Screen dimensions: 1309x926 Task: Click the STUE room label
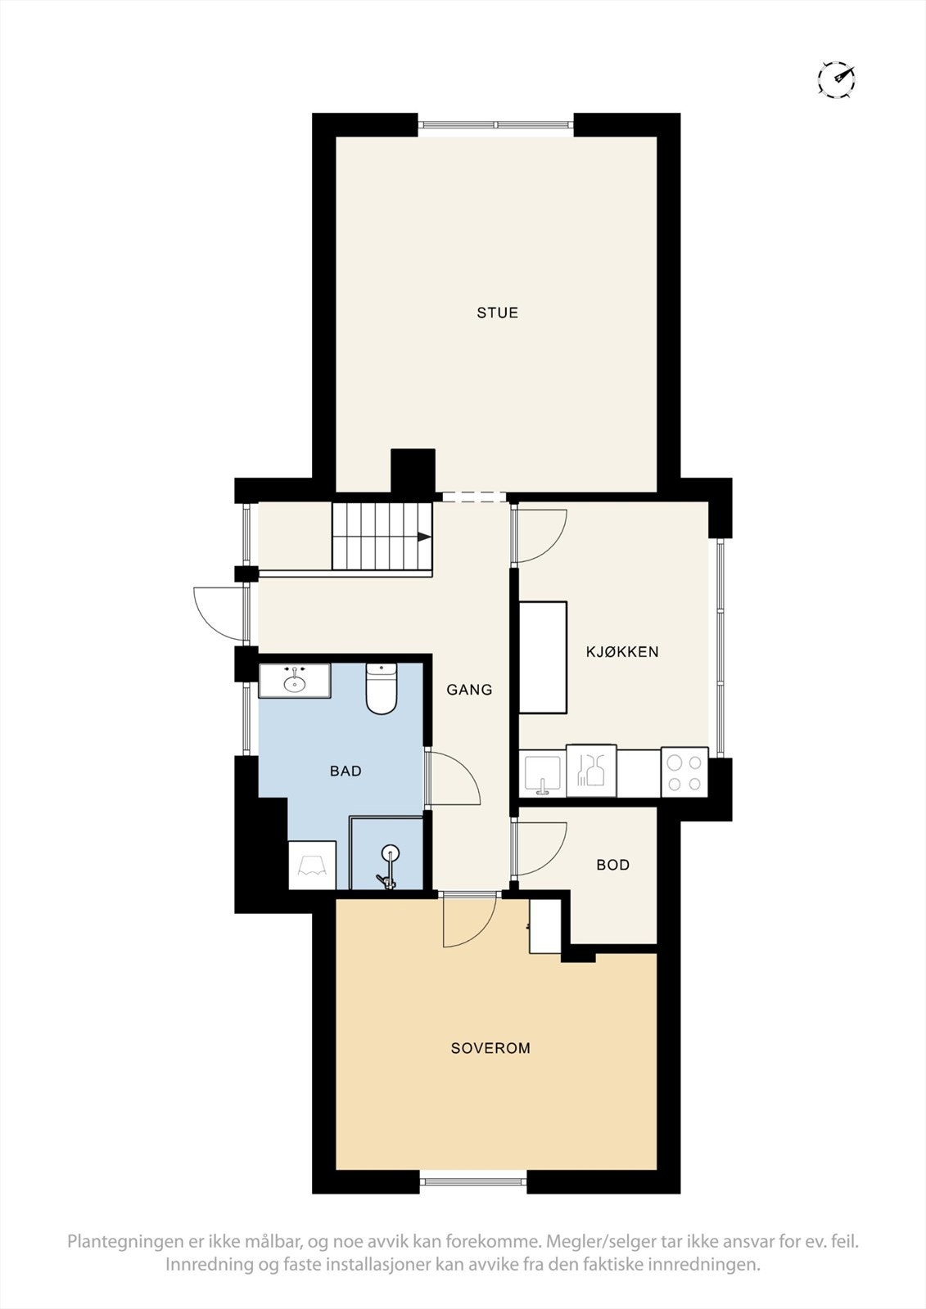[498, 313]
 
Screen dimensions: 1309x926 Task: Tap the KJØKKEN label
[622, 652]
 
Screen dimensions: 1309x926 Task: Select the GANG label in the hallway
[469, 690]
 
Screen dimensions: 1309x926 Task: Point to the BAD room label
[346, 771]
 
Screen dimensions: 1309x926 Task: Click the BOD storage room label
[612, 865]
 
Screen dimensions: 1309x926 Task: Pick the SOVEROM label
[490, 1048]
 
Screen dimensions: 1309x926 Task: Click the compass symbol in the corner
[837, 79]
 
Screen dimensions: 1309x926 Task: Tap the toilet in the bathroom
[382, 689]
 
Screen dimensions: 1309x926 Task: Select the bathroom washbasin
[294, 680]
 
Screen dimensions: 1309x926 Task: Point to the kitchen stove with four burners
[684, 772]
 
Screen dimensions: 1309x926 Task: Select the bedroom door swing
[468, 921]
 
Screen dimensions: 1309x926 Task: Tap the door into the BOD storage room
[539, 848]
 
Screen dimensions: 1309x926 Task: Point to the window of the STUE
[495, 125]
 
